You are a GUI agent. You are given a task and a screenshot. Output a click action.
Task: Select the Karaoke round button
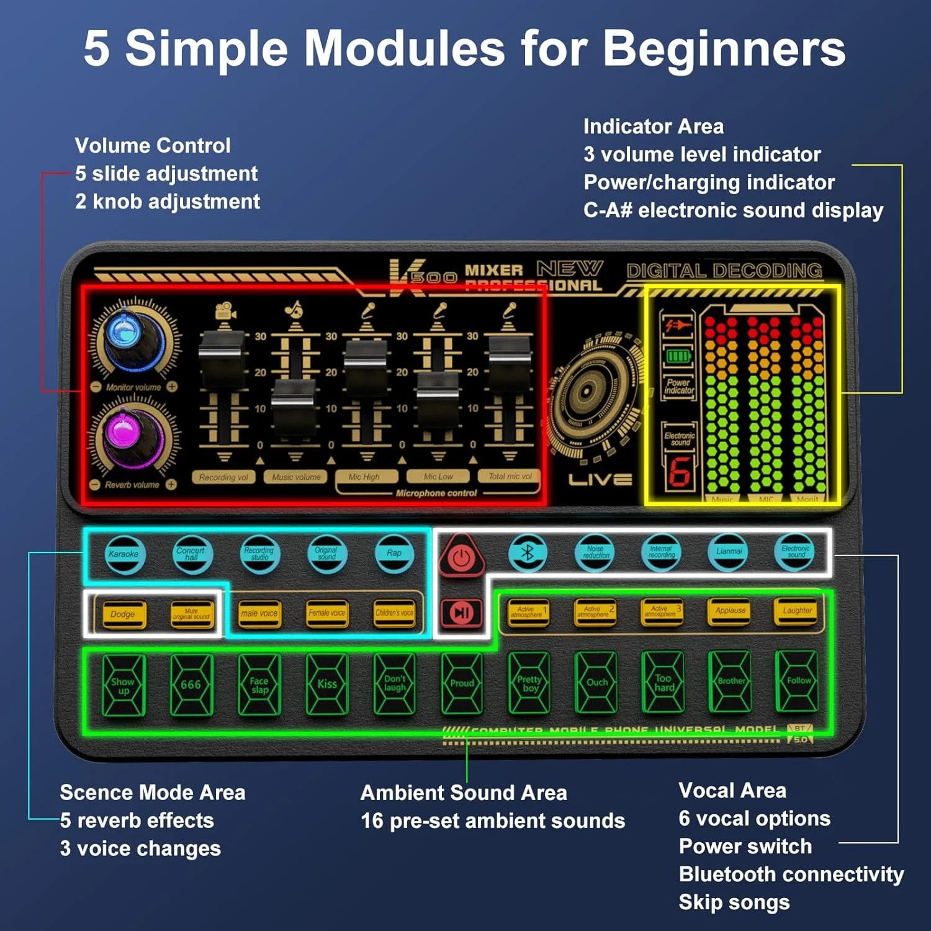pyautogui.click(x=124, y=554)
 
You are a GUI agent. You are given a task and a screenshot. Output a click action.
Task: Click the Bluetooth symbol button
pyautogui.click(x=528, y=552)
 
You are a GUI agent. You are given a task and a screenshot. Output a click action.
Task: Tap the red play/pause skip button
pyautogui.click(x=461, y=613)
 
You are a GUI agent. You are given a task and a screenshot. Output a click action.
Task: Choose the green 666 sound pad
pyautogui.click(x=191, y=685)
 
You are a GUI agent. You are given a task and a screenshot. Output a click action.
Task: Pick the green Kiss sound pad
pyautogui.click(x=327, y=684)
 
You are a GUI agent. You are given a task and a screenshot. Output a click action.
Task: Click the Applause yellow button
pyautogui.click(x=731, y=611)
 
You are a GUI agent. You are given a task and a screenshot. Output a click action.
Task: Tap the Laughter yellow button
pyautogui.click(x=798, y=611)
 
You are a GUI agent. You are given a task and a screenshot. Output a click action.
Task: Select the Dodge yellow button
pyautogui.click(x=123, y=614)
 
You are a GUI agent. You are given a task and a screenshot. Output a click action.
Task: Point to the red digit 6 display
pyautogui.click(x=679, y=472)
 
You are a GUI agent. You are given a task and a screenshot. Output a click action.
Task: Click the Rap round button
pyautogui.click(x=394, y=553)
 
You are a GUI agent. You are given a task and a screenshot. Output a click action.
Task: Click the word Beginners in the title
pyautogui.click(x=724, y=48)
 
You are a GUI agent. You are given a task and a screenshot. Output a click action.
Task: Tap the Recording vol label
pyautogui.click(x=223, y=477)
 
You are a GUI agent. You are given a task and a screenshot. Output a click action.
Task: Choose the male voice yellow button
pyautogui.click(x=259, y=614)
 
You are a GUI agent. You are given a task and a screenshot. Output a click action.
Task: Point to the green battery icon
pyautogui.click(x=678, y=356)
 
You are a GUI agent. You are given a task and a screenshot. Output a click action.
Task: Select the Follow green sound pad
pyautogui.click(x=798, y=681)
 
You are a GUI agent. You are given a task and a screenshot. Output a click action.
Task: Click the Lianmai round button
pyautogui.click(x=729, y=551)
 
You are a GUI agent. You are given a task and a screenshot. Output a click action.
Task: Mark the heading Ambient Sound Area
pyautogui.click(x=464, y=793)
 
